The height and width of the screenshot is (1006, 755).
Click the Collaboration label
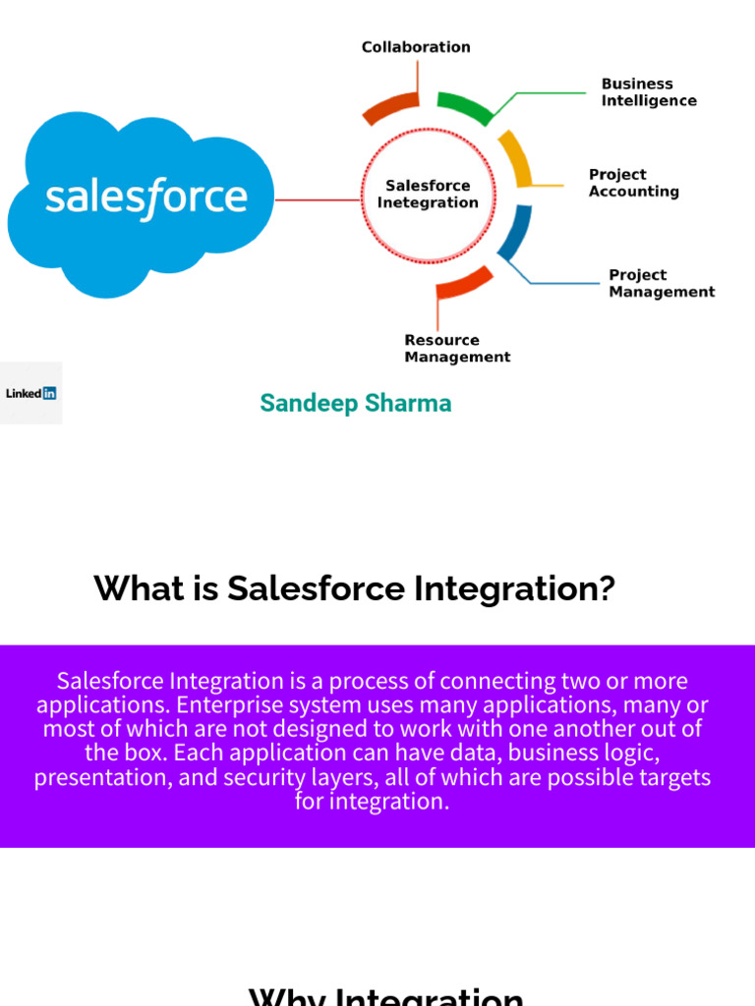[x=416, y=47]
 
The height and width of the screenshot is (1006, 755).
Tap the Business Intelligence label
[x=649, y=92]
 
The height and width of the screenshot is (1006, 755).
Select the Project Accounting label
[x=633, y=183]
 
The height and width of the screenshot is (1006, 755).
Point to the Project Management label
[x=661, y=283]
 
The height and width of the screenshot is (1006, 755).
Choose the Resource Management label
[x=457, y=349]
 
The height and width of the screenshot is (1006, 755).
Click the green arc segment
[x=465, y=106]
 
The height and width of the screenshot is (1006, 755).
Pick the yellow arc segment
[x=517, y=157]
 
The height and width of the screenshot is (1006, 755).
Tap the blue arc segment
[x=516, y=233]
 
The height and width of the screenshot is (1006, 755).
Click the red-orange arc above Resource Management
[x=464, y=282]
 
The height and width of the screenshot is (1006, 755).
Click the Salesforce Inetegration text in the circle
[x=428, y=194]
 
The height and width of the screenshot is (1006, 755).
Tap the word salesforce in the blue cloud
[x=146, y=197]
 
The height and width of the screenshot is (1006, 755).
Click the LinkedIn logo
[x=30, y=393]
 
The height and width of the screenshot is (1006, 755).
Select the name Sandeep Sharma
[x=355, y=403]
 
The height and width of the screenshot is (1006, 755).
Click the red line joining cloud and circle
[x=318, y=200]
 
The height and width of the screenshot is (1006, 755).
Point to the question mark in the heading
[x=606, y=589]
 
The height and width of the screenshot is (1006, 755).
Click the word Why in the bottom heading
[x=289, y=997]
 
